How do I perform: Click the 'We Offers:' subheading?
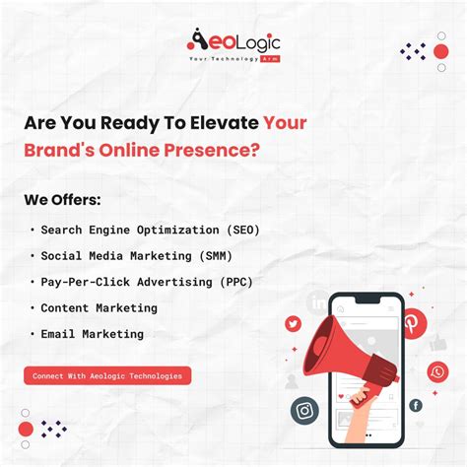tap(62, 200)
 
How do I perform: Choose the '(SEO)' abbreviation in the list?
tap(242, 230)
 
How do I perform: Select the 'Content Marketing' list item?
tap(99, 307)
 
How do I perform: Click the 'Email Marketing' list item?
tap(92, 334)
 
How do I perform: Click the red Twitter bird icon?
tap(293, 323)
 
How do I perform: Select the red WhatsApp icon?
tap(437, 371)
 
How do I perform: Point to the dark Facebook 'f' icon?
tap(415, 405)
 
